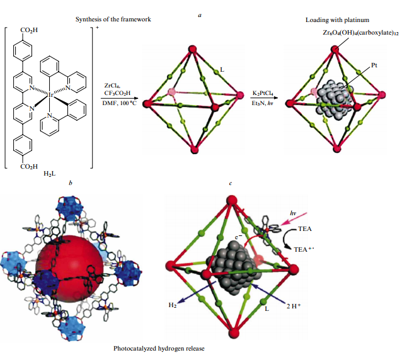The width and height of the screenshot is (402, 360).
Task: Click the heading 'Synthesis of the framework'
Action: pos(113,20)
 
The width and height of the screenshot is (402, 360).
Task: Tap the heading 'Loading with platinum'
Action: pos(337,20)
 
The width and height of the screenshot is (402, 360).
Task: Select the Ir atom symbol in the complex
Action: pos(51,95)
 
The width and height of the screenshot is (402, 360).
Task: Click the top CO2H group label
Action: pos(29,30)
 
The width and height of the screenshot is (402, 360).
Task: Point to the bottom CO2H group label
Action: pos(29,167)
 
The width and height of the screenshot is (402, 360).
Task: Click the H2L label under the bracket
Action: pos(50,174)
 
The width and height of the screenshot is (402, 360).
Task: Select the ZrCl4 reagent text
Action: pos(112,86)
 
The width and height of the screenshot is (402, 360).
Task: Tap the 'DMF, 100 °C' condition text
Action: pos(120,103)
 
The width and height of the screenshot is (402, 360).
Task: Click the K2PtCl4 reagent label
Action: pos(263,93)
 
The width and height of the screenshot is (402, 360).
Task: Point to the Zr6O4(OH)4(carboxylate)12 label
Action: pos(360,33)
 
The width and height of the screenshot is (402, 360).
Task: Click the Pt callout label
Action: pos(374,65)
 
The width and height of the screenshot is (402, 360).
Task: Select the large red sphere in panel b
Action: pos(70,269)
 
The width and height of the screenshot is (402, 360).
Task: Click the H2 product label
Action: pos(172,305)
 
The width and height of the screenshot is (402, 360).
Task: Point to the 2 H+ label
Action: pos(294,306)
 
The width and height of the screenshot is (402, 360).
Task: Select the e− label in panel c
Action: pos(238,237)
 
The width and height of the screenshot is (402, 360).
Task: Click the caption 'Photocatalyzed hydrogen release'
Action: pos(159,349)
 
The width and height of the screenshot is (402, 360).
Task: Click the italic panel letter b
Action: pos(71,183)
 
